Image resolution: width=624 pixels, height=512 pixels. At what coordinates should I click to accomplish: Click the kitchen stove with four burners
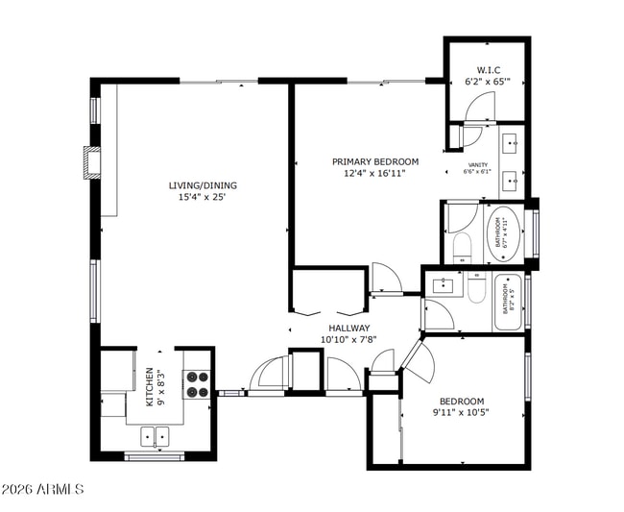pos(197,384)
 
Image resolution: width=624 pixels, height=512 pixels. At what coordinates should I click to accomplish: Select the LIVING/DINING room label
pos(203,185)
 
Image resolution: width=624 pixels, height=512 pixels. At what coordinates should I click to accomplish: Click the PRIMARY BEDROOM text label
pos(375,161)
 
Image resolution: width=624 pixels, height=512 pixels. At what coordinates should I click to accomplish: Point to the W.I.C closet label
pos(487,70)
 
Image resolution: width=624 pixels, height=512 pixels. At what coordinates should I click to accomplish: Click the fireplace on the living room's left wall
pos(93,162)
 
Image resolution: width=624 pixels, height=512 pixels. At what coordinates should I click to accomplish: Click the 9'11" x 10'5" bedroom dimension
pos(462,413)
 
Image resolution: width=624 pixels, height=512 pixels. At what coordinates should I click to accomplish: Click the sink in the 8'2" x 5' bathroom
pos(444,284)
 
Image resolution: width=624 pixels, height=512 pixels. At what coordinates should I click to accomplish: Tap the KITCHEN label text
pos(151,386)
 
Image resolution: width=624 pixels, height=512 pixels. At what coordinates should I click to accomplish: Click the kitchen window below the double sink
pos(154,456)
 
